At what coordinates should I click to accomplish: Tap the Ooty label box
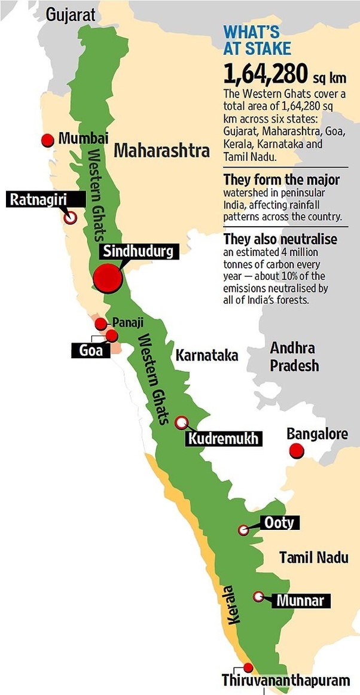279,523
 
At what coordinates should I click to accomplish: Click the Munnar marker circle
258,596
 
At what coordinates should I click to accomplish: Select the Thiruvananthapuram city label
285,681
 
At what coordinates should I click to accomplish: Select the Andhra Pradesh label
294,356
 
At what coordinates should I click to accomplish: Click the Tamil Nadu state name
313,557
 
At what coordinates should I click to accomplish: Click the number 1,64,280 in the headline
266,75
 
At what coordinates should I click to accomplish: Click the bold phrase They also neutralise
280,239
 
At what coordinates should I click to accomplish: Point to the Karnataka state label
206,355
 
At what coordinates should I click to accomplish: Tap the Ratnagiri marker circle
71,218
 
